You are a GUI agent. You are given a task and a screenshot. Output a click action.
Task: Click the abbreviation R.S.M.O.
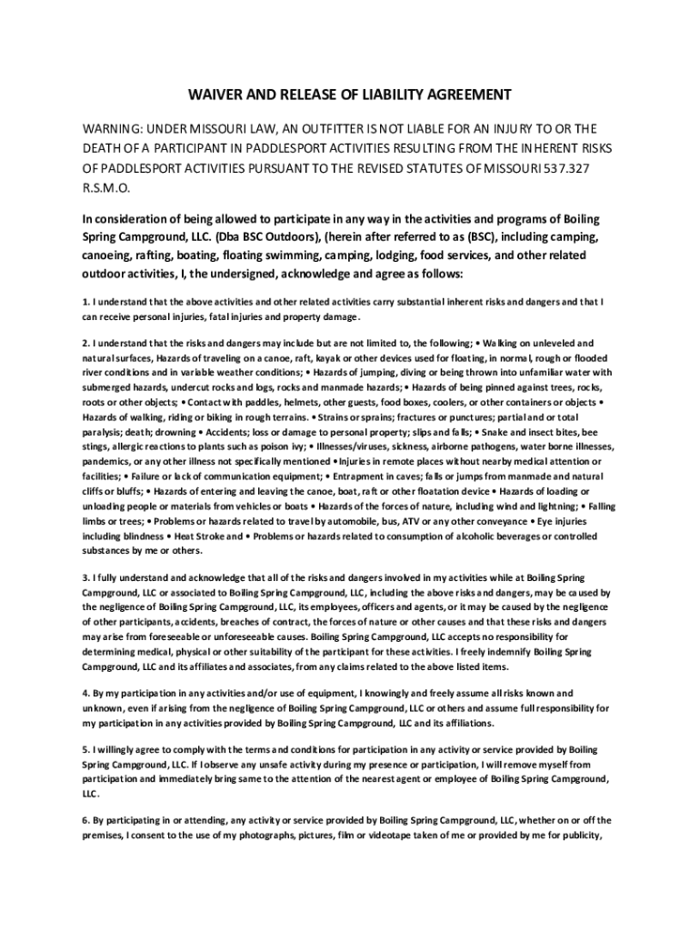[107, 190]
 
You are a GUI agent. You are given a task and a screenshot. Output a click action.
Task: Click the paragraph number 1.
[85, 301]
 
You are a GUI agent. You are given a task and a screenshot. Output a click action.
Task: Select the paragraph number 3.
[85, 579]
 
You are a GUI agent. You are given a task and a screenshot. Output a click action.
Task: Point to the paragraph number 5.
[85, 750]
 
